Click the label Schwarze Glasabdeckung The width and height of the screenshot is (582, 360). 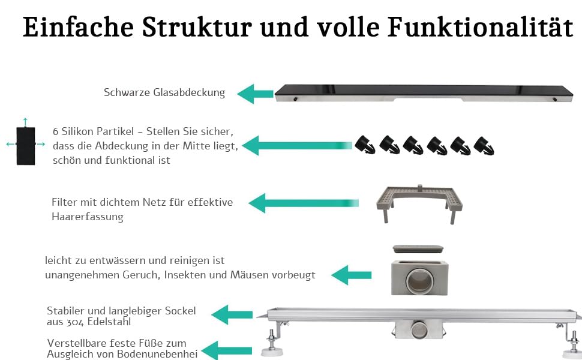coord(164,92)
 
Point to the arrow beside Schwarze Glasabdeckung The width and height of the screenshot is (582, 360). coord(254,94)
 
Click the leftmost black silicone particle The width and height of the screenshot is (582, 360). coord(364,145)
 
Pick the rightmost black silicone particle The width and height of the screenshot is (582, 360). coord(484,145)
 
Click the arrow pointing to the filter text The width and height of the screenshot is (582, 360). coord(303,203)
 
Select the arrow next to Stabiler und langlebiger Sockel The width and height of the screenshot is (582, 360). coord(232,314)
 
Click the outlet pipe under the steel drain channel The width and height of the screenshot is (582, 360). coord(415,330)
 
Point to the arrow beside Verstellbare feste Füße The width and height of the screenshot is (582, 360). coord(219,349)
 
